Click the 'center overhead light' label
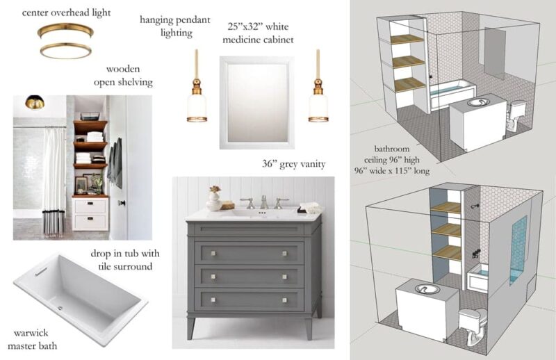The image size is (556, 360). tap(66, 13)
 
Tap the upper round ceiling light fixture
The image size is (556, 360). tap(66, 31)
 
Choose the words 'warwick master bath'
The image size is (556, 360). tap(32, 339)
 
